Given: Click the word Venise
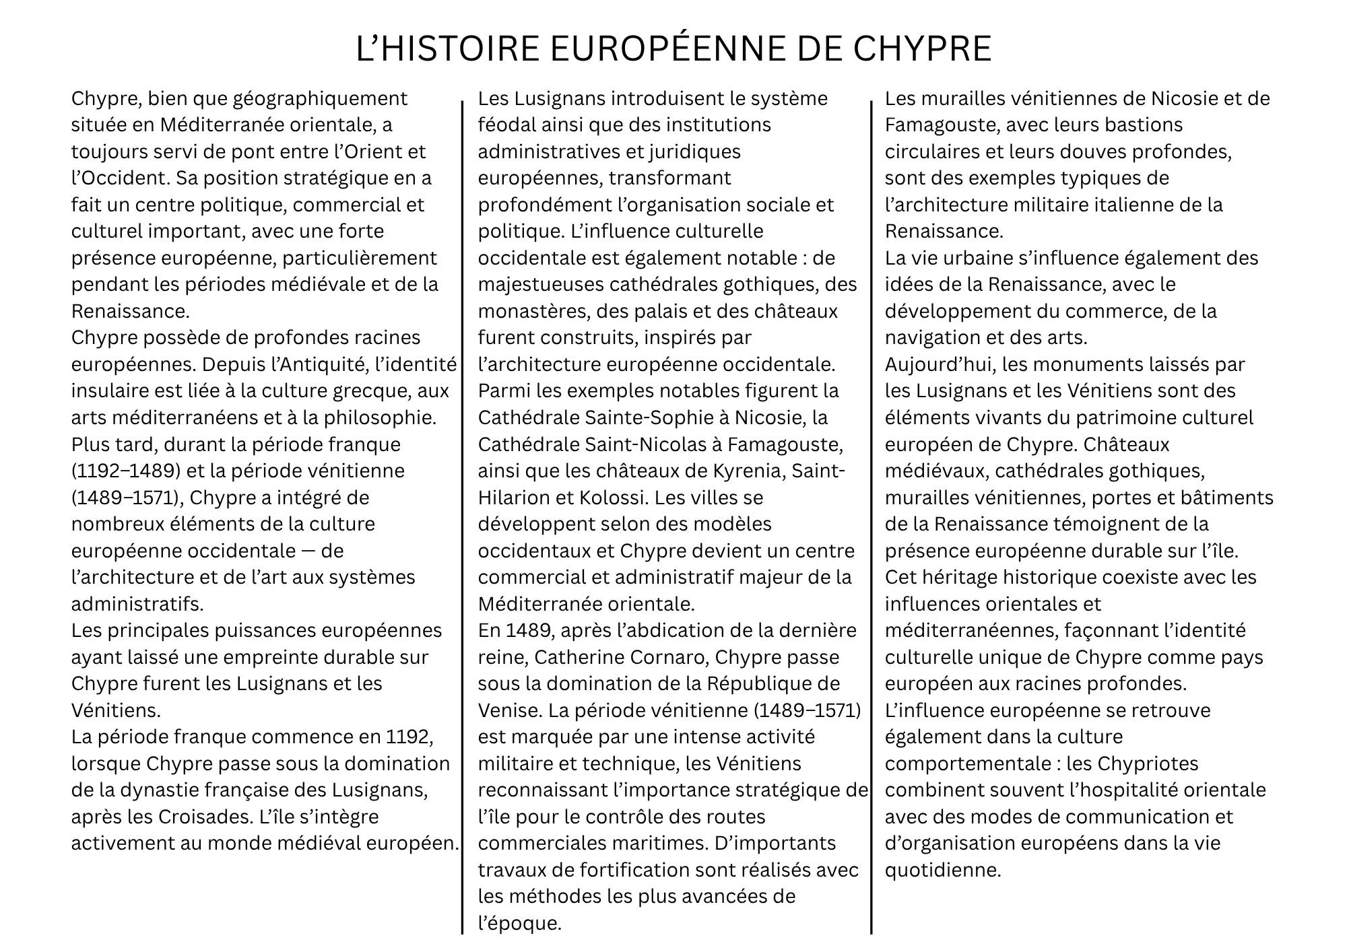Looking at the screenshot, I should click(508, 710).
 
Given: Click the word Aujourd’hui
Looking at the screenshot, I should click(940, 364).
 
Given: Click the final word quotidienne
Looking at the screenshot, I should click(943, 870).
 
